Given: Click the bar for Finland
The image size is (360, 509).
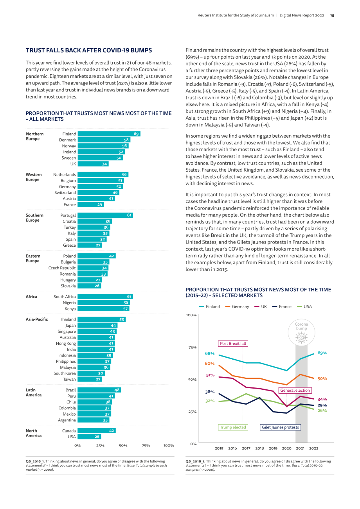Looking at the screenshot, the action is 109,134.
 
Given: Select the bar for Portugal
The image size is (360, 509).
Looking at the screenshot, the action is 105,215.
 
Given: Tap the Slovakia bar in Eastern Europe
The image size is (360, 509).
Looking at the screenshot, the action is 89,286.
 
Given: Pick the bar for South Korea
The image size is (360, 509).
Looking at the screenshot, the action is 91,373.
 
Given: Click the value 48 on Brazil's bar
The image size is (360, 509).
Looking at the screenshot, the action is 117,390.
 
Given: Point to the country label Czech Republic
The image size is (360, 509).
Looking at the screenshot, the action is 62,268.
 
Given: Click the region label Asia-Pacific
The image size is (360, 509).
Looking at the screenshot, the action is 37,319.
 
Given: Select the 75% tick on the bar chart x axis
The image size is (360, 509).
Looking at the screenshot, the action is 146,445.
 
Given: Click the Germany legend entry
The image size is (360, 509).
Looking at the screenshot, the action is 237,306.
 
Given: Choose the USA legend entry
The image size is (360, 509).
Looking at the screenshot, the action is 304,306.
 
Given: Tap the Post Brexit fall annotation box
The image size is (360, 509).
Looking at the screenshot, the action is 233,343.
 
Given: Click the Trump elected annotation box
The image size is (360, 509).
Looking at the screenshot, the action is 233,427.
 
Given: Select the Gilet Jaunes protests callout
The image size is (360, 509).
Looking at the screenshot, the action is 280,427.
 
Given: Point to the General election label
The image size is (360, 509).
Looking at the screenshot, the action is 295,391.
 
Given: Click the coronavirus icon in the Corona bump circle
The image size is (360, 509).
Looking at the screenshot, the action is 301,337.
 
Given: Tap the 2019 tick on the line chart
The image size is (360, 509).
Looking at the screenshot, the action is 273,448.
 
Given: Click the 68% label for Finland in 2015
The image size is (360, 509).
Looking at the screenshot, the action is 210,353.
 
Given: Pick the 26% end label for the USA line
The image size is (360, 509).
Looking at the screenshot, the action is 322,410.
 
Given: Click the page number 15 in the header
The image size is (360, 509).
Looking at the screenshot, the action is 332,16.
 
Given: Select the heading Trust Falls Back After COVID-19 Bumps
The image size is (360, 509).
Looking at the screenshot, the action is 89,50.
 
